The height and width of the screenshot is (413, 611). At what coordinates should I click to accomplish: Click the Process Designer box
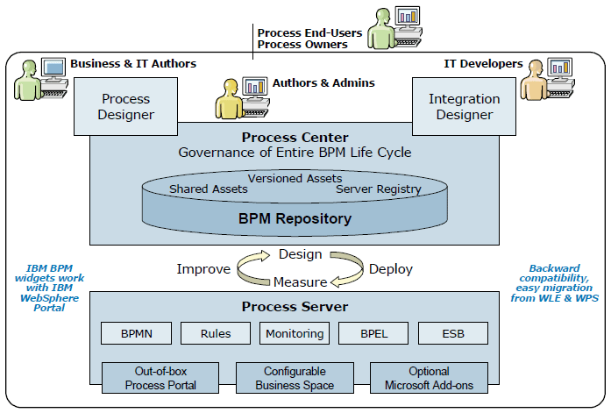[126, 106]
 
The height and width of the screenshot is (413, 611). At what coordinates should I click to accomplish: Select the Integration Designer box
[464, 106]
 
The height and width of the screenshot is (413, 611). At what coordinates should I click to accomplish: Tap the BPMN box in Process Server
[137, 333]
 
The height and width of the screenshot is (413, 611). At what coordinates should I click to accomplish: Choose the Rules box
[216, 333]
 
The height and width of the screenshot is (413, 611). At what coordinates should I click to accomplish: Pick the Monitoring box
[295, 333]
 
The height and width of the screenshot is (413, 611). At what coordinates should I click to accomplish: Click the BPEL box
[373, 333]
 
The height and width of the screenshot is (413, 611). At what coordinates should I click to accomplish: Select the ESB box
[453, 333]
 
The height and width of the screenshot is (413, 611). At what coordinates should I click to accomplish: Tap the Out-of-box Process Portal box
[160, 378]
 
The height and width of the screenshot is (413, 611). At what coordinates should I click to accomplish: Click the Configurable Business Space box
[295, 378]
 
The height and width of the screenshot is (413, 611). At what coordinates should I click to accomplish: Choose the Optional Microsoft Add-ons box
[429, 378]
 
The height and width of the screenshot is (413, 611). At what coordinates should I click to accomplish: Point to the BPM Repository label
[295, 218]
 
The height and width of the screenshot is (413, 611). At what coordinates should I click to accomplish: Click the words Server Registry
[379, 189]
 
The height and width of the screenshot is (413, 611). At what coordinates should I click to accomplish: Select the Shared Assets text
[209, 189]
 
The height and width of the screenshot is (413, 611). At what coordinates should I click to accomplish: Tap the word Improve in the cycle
[203, 269]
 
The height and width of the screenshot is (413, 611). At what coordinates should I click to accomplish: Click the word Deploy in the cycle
[391, 269]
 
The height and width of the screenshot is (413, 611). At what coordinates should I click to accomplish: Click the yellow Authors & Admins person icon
[228, 99]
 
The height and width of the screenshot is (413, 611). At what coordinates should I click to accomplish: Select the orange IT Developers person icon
[533, 81]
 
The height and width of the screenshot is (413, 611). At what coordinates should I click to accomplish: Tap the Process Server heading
[295, 307]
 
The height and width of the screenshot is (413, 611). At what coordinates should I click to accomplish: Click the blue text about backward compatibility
[555, 283]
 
